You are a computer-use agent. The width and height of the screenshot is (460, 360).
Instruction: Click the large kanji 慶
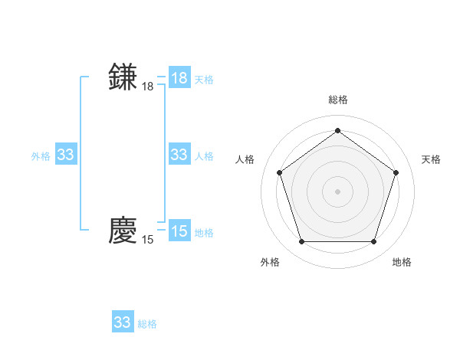123,230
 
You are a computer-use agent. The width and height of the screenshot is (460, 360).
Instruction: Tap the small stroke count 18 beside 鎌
147,87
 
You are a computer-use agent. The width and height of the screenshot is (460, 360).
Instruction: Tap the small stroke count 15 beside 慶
147,240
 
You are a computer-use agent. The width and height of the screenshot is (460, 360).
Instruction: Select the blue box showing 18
179,78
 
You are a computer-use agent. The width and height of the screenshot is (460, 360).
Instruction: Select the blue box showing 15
179,231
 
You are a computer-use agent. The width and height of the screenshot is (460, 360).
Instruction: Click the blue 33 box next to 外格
66,155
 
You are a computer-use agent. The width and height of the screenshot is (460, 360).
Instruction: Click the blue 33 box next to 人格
179,155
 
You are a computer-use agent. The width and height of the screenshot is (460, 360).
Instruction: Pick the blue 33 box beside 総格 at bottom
122,322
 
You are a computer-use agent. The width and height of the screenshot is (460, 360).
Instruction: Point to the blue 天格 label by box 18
204,80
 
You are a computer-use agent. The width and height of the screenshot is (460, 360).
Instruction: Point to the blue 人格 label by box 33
204,156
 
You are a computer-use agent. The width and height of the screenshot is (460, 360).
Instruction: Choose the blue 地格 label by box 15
204,233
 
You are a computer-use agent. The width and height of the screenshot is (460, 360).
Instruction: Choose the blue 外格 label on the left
41,156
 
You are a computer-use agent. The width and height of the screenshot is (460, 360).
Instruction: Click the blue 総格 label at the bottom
147,324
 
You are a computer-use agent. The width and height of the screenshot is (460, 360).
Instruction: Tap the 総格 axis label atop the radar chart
337,100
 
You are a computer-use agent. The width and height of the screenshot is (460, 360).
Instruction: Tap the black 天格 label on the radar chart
431,159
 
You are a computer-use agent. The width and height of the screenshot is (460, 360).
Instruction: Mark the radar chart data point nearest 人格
279,172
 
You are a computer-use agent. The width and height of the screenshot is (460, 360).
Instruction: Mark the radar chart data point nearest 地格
373,241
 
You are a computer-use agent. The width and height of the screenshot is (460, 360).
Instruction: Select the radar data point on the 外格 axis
301,241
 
